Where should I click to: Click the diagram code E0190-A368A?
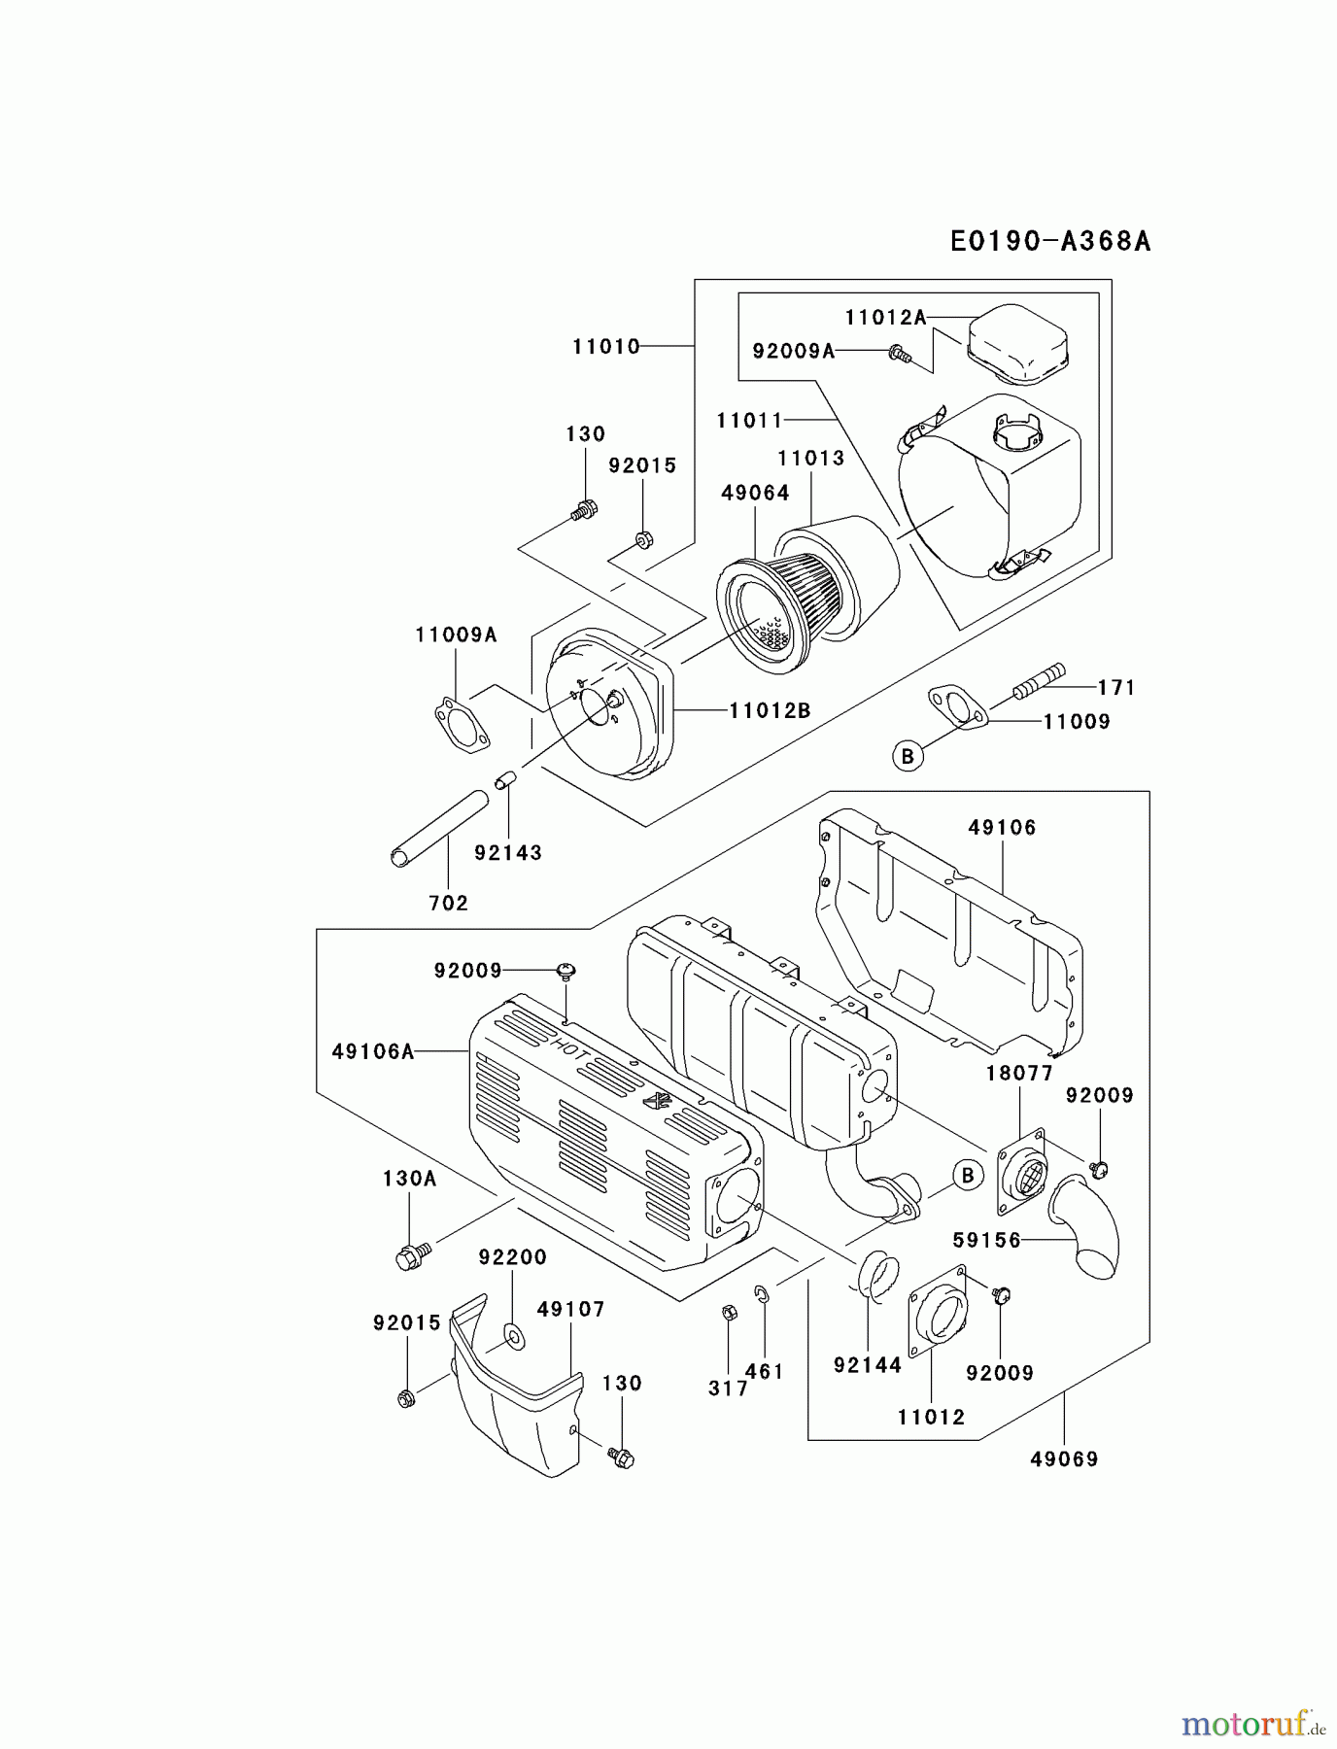1050,241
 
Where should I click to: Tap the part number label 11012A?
885,317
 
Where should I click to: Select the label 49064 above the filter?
755,493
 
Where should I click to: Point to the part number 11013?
810,458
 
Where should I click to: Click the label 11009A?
456,635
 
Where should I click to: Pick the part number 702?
448,903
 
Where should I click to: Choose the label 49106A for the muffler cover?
373,1051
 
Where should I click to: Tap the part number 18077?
1019,1074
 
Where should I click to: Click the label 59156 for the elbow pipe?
987,1240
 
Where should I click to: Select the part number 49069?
1064,1458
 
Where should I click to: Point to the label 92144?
868,1365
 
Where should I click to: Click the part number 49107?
570,1310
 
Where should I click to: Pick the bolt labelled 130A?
409,1256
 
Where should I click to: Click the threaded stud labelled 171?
1040,681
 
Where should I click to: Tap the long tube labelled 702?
438,829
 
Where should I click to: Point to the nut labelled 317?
731,1314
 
